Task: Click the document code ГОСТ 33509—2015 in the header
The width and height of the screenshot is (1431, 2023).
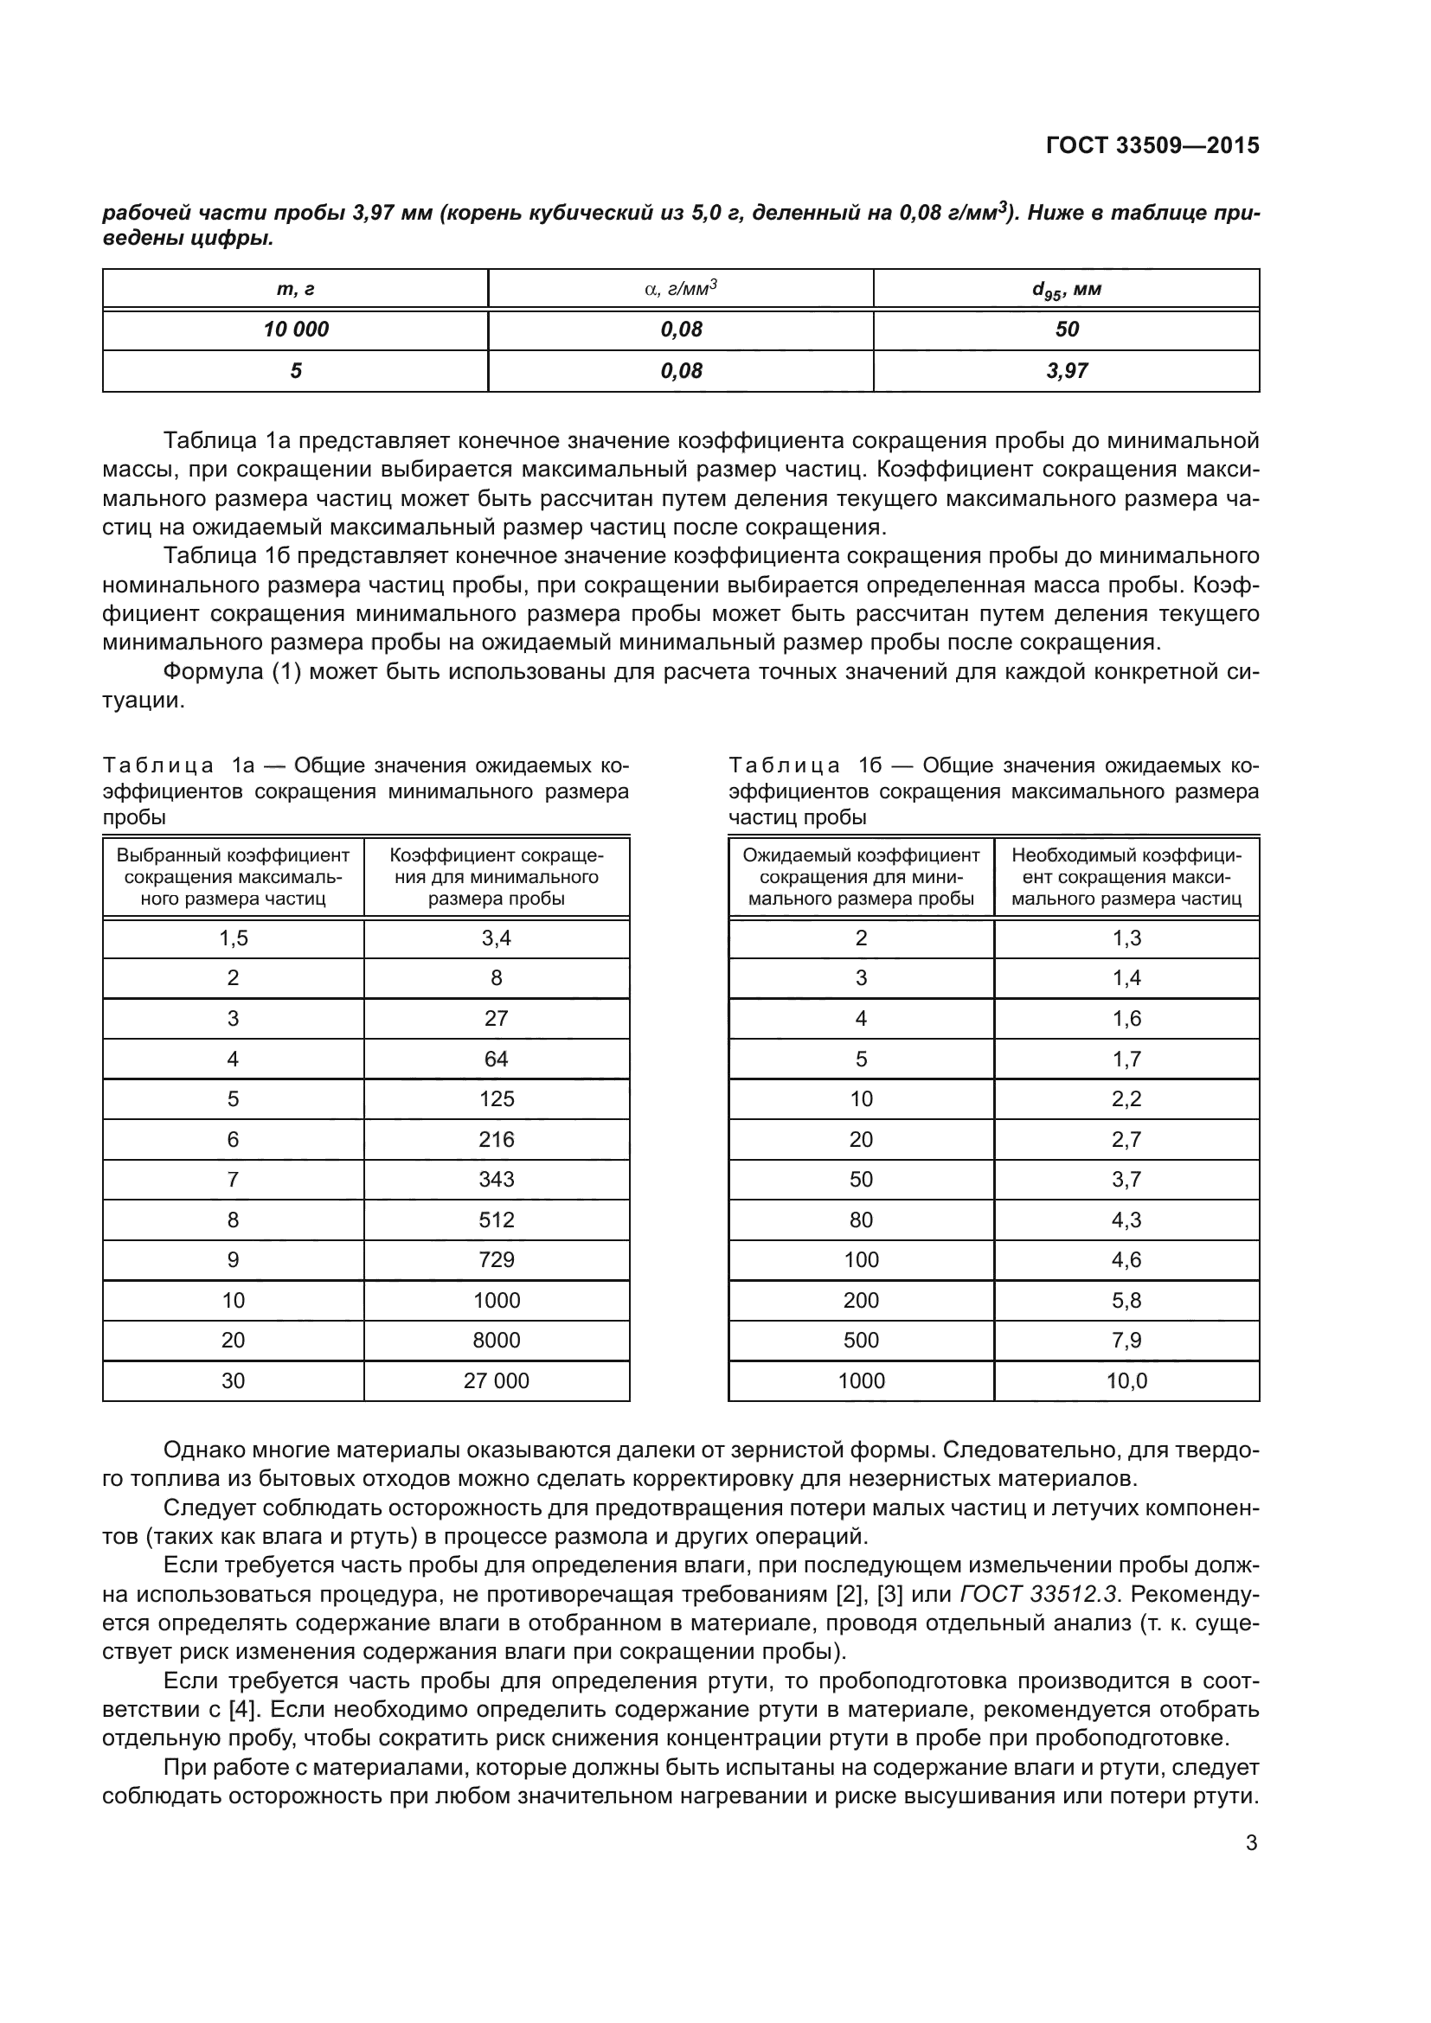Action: point(1152,145)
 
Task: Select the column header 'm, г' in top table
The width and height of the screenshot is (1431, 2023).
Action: point(295,289)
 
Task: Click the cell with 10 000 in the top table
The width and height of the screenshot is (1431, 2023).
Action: point(295,330)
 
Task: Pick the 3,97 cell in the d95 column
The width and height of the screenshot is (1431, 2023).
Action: point(1066,371)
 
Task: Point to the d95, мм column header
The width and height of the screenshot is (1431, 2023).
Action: point(1066,289)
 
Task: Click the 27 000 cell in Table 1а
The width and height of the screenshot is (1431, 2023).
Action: point(496,1380)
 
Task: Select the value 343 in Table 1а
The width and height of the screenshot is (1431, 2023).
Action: point(496,1179)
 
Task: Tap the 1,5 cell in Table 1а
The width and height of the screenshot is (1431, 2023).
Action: point(234,938)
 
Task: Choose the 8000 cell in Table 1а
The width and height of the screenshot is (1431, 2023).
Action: point(496,1340)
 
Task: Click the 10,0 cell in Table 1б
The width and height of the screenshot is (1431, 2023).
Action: point(1126,1380)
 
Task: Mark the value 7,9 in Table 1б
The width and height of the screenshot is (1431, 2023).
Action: point(1126,1340)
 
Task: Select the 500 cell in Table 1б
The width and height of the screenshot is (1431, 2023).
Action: point(861,1340)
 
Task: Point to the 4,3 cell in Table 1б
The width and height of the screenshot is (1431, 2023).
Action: point(1126,1220)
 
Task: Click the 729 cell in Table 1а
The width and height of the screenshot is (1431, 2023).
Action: point(496,1260)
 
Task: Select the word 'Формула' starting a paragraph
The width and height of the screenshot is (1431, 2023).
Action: point(211,671)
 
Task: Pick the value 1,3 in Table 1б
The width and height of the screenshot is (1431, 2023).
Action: point(1126,938)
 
